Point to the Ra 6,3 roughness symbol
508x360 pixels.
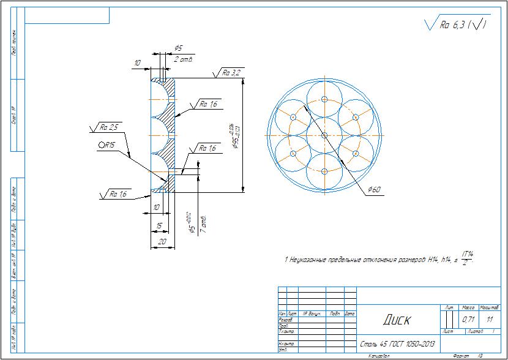point(457,24)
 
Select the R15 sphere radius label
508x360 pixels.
point(108,146)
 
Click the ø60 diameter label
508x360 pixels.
point(375,190)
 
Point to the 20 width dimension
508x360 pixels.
point(162,242)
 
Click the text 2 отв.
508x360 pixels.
point(184,59)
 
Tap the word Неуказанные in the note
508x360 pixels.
point(318,260)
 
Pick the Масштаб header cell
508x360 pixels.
point(488,307)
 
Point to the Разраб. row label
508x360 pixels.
point(285,320)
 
